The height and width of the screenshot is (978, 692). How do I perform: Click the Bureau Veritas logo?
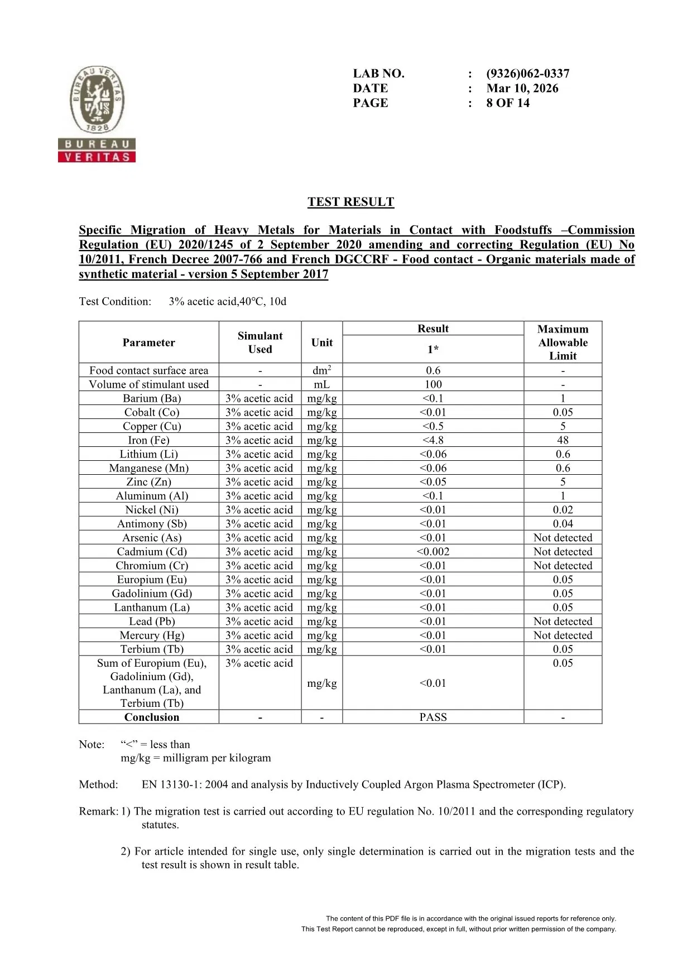point(97,114)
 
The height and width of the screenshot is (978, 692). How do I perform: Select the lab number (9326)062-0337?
point(527,74)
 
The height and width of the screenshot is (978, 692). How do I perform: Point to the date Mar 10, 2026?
point(522,88)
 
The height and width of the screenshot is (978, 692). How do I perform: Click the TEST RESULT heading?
point(350,202)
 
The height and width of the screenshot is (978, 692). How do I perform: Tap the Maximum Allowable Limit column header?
point(563,343)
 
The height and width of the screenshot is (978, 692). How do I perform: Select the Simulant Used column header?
point(260,343)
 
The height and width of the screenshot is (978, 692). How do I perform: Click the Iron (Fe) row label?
point(148,440)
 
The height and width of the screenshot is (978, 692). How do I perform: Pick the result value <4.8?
point(433,440)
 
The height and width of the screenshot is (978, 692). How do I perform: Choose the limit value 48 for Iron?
point(563,440)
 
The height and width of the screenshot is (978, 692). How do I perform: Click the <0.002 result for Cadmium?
point(433,552)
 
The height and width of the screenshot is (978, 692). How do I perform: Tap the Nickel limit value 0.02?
point(563,510)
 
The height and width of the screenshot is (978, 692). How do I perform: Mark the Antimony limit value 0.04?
point(563,524)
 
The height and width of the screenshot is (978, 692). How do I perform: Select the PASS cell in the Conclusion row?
point(433,717)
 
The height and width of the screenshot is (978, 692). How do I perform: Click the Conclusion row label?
point(152,717)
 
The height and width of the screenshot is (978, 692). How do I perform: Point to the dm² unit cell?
point(322,370)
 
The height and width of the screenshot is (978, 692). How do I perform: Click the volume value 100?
point(433,384)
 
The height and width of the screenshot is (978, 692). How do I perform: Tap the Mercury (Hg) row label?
point(152,635)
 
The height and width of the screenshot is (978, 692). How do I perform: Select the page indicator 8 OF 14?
point(508,103)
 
